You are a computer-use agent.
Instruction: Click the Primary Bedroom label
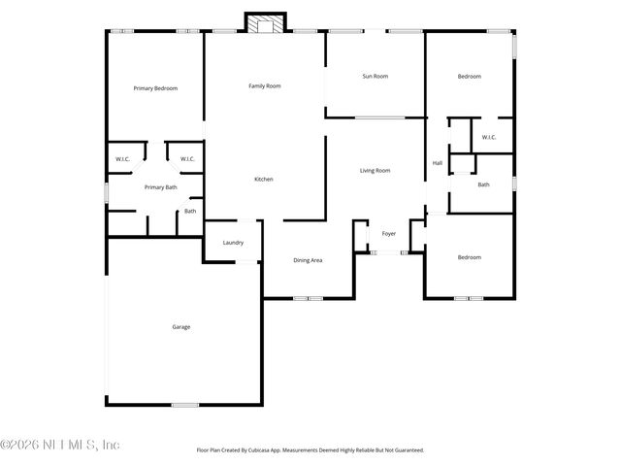tap(155, 88)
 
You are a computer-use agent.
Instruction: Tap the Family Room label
tap(264, 86)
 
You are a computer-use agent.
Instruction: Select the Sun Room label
tap(375, 76)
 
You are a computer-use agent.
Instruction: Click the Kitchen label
tap(263, 180)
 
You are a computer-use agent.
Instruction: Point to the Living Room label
tap(375, 171)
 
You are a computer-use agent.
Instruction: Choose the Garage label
tap(181, 327)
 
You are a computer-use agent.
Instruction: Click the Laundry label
tap(233, 243)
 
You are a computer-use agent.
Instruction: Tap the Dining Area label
tap(308, 260)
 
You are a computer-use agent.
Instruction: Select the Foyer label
tap(388, 234)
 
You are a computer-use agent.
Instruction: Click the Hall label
tap(437, 163)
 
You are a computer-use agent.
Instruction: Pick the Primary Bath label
tap(160, 187)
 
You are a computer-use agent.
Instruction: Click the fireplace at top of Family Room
tap(265, 24)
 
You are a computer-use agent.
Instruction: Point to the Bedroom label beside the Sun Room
tap(470, 76)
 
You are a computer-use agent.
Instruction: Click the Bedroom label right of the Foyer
tap(470, 257)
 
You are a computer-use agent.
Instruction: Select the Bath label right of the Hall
tap(483, 184)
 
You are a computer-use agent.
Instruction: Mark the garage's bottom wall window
tap(184, 405)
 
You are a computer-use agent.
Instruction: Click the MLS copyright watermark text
tap(60, 445)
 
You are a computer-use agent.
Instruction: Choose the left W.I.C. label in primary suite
tap(123, 159)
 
